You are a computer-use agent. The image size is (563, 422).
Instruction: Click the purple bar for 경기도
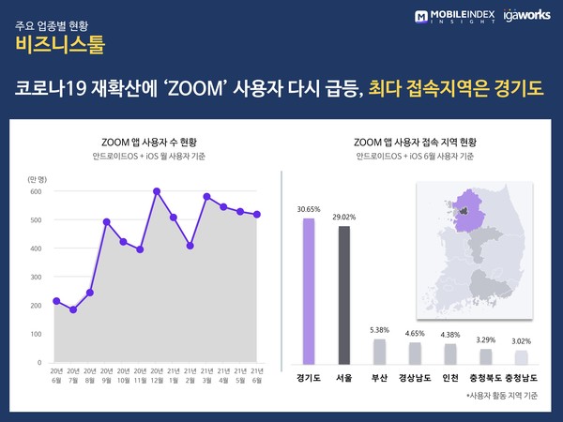pos(309,291)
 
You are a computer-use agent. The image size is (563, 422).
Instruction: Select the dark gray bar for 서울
pos(344,294)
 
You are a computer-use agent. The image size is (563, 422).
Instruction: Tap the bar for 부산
pos(379,351)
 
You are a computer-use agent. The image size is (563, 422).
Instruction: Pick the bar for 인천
pos(450,354)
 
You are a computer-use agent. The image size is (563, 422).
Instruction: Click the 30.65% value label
pos(309,209)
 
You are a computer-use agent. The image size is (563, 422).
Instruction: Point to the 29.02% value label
pos(344,217)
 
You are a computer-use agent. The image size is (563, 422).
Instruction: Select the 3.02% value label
pos(522,342)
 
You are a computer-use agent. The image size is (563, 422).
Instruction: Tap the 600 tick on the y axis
pos(35,192)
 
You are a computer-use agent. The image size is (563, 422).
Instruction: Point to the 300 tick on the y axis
pos(35,278)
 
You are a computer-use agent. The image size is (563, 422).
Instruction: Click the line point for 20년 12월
pos(157,191)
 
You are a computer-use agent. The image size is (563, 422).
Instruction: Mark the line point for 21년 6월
pos(257,215)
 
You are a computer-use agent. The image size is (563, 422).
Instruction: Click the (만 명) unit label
pos(38,176)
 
